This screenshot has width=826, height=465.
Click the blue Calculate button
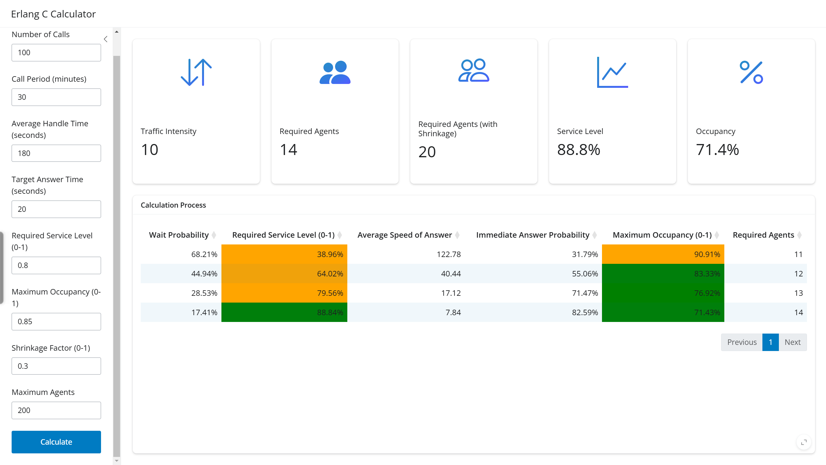point(56,442)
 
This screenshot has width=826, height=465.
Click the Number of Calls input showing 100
point(56,53)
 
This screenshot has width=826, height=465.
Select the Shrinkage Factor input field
point(56,366)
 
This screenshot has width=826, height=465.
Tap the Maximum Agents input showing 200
point(56,410)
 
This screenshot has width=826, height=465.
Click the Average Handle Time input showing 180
point(56,153)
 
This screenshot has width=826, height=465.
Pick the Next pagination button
point(792,342)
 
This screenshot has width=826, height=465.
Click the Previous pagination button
point(742,342)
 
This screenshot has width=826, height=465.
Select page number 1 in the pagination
point(770,342)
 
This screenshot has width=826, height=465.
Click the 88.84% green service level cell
point(284,312)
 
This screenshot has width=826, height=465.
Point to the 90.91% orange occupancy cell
point(663,254)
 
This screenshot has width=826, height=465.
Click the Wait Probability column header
point(179,235)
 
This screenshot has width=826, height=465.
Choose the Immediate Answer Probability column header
point(533,235)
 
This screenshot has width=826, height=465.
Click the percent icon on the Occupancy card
point(751,72)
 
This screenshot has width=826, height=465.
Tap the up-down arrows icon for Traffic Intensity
point(196,72)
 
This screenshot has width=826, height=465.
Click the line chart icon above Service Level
point(612,72)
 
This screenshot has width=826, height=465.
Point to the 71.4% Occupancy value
point(717,150)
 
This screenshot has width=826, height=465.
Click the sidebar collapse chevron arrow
point(106,39)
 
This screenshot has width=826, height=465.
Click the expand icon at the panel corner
point(804,442)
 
